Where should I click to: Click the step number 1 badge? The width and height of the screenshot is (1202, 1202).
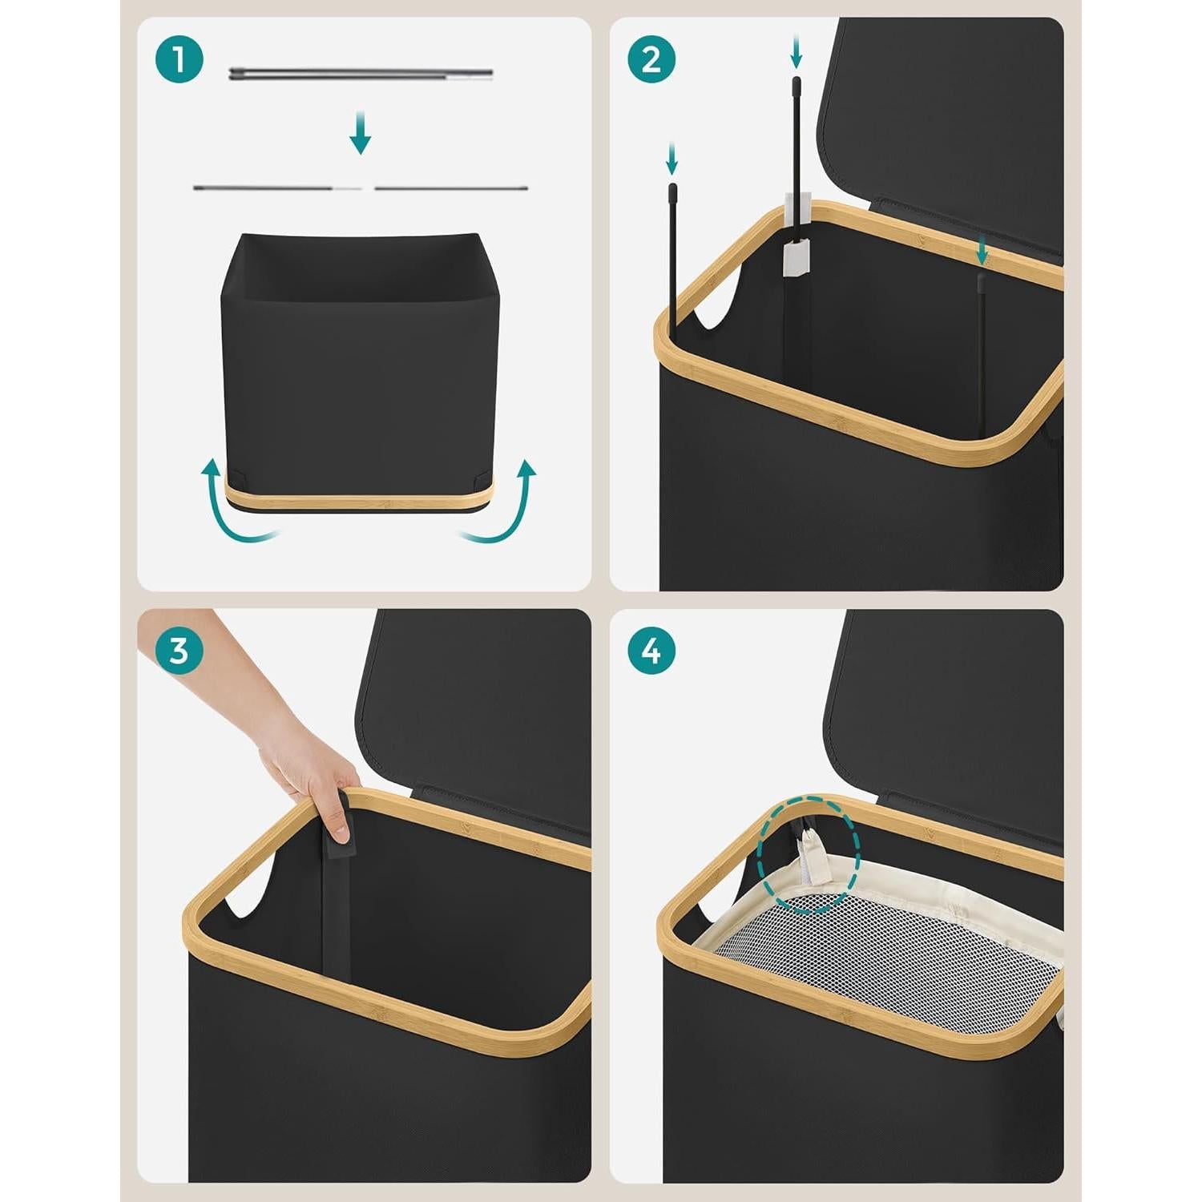point(179,59)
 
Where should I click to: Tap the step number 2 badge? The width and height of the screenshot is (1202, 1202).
point(651,59)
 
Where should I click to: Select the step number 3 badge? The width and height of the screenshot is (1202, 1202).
point(179,651)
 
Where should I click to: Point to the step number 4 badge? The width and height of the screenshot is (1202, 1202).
point(651,651)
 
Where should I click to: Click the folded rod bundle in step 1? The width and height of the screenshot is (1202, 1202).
point(361,74)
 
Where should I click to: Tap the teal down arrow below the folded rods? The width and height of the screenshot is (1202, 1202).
point(361,132)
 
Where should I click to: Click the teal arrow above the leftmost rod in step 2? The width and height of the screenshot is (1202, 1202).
point(672,159)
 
